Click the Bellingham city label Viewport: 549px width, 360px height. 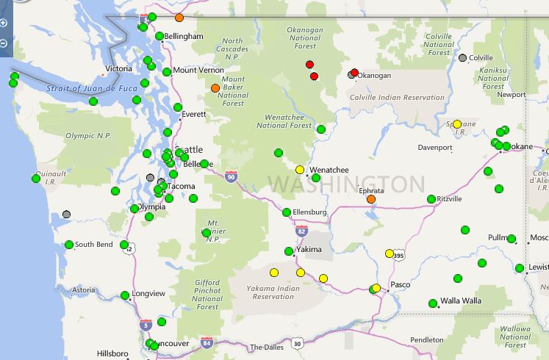point(184,36)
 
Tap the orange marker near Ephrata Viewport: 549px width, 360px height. point(370,199)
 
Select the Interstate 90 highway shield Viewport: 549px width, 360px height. point(232,176)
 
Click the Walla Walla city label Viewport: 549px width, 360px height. point(461,301)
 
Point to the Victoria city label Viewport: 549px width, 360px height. point(119,69)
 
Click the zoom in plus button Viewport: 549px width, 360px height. point(4,23)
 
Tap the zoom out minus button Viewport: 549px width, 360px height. point(4,43)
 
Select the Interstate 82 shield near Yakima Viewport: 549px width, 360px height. point(302,231)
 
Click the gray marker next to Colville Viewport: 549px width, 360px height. point(462,58)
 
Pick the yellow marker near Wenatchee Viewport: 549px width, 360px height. point(300,170)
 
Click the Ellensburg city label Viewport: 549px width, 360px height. point(309,212)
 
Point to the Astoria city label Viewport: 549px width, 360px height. point(84,290)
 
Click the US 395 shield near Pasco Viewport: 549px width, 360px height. point(399,256)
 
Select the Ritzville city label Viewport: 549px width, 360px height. point(449,199)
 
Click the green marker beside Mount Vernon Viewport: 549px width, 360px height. point(167,72)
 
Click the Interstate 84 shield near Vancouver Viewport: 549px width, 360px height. point(207,342)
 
